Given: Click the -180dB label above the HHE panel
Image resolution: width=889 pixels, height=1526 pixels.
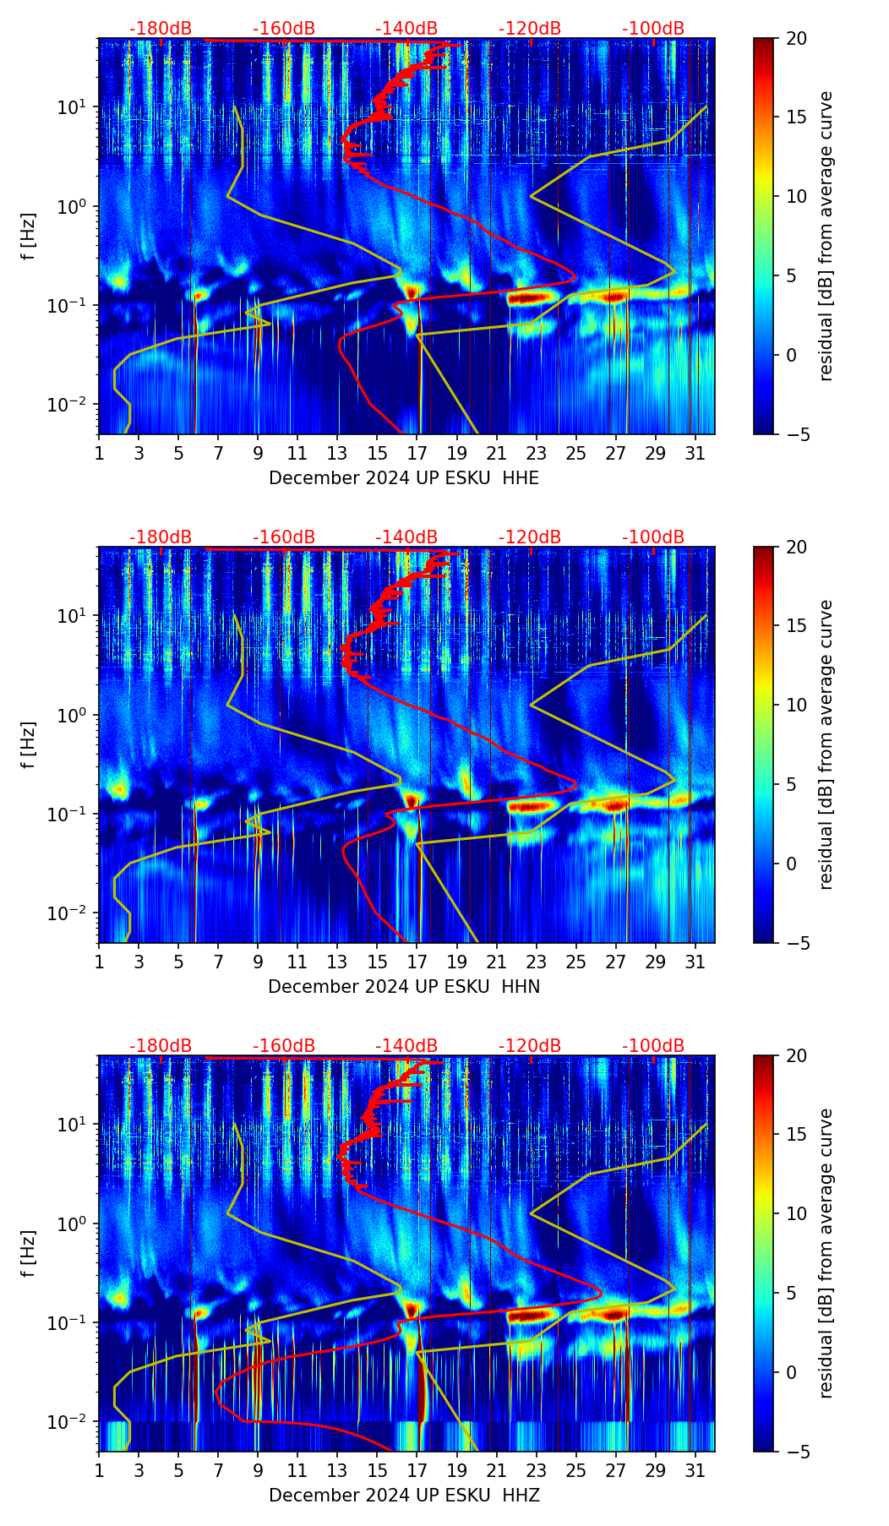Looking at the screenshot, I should coord(161,29).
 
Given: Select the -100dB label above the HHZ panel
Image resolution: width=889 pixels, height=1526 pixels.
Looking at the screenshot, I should coord(653,1046).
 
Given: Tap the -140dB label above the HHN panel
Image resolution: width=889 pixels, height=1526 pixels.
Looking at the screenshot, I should coord(406,537).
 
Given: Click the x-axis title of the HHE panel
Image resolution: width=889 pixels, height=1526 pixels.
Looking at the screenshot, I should coord(404,478).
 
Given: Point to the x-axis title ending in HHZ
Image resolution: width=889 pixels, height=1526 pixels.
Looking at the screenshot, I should coord(404,1496).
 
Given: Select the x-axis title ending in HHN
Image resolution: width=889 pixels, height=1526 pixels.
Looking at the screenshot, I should coord(404,987).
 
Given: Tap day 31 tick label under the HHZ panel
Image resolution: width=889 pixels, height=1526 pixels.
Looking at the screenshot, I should coord(695,1471).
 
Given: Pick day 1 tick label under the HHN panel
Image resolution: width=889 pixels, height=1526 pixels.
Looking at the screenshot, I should coord(99,962).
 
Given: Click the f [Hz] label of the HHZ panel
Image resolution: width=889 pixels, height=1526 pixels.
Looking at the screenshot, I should coord(29,1254).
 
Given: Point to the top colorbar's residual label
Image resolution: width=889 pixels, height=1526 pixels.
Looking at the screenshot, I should coord(826,236).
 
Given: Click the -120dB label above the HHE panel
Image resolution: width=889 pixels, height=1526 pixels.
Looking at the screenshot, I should coord(530,29).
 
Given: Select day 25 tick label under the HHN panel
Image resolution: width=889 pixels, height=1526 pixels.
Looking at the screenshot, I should coord(575,962).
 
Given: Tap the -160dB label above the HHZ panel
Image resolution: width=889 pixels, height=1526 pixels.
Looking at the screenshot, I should coord(284,1046).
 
